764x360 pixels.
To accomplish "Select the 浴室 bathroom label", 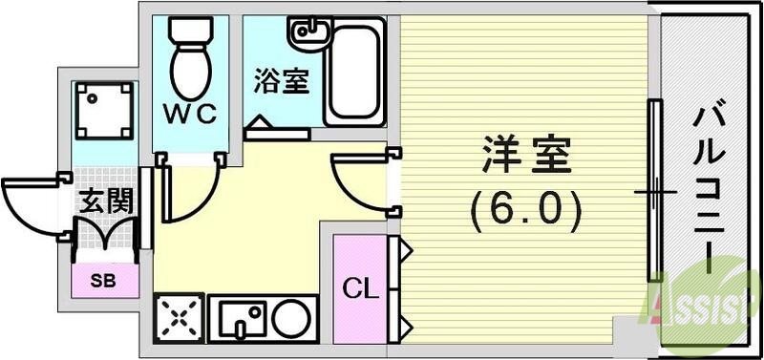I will pyautogui.click(x=282, y=82).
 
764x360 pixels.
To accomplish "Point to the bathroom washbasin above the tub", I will pyautogui.click(x=311, y=34).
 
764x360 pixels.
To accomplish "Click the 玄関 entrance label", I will pyautogui.click(x=105, y=203).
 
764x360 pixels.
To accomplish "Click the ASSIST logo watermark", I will pyautogui.click(x=707, y=306).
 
